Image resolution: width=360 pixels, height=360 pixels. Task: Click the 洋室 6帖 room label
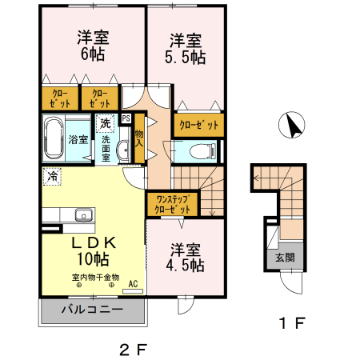93,46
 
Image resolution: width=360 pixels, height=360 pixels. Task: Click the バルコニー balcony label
91,308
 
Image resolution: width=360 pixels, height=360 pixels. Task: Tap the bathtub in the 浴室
54,138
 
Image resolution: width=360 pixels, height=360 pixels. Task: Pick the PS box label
126,119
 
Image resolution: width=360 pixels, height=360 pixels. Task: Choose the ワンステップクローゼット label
173,204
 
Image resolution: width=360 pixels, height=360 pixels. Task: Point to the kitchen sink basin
82,214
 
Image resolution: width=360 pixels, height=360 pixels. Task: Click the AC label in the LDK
132,283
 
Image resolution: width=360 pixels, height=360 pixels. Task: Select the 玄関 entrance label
285,258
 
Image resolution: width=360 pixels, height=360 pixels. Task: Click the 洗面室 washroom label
106,148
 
